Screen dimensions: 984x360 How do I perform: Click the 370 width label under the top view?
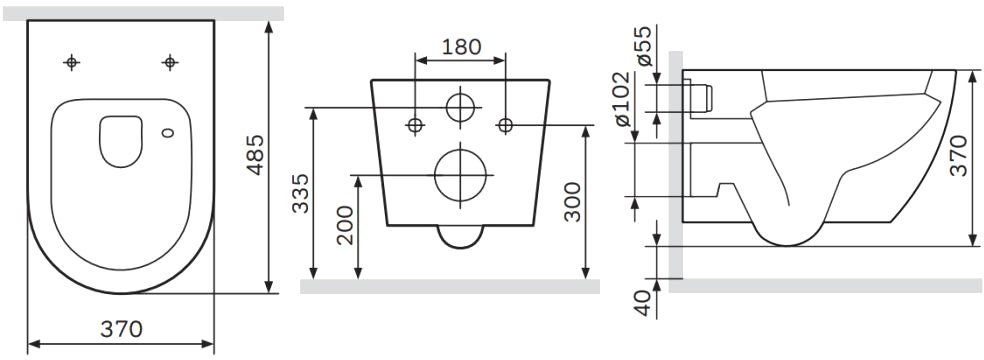click(121, 329)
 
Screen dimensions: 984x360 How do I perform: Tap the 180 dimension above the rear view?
click(461, 46)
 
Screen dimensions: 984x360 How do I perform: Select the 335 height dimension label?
click(301, 193)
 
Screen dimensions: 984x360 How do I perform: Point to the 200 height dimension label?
click(346, 225)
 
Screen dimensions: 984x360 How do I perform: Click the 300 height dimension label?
click(572, 202)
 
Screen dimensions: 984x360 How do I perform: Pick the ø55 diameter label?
click(644, 46)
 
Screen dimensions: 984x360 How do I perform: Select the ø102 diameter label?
click(623, 99)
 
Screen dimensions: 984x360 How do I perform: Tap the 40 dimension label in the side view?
click(644, 304)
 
